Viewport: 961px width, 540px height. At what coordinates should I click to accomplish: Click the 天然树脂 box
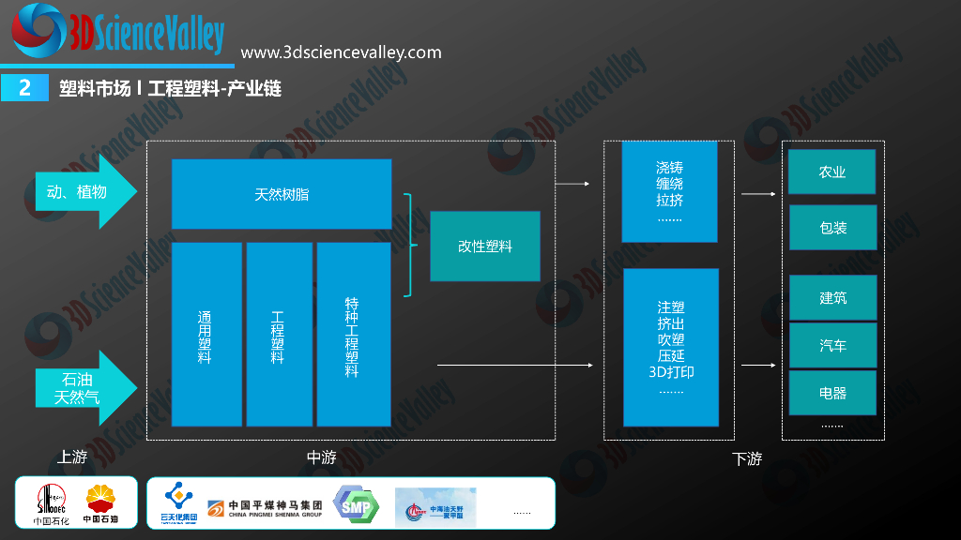282,194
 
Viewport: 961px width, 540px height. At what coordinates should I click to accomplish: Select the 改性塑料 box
485,247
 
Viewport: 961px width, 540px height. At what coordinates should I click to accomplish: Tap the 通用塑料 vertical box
206,335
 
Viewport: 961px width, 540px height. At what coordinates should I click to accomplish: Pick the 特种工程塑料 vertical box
353,335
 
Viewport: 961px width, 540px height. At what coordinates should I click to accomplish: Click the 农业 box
832,172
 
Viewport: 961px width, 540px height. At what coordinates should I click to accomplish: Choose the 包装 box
832,228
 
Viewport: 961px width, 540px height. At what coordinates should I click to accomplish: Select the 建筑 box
832,297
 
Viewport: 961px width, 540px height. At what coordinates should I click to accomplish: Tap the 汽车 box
832,345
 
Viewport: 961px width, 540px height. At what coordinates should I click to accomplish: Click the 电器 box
832,393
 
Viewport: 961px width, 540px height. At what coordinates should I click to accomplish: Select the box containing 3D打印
671,346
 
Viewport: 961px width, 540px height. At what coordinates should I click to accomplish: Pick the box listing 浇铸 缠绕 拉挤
669,192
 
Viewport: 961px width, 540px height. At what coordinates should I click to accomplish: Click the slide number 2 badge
25,87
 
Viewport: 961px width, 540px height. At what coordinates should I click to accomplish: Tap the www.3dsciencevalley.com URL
342,52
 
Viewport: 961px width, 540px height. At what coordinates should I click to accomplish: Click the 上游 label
72,457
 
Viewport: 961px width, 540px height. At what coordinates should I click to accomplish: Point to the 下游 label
747,459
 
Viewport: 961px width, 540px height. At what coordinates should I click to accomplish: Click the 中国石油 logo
101,504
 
